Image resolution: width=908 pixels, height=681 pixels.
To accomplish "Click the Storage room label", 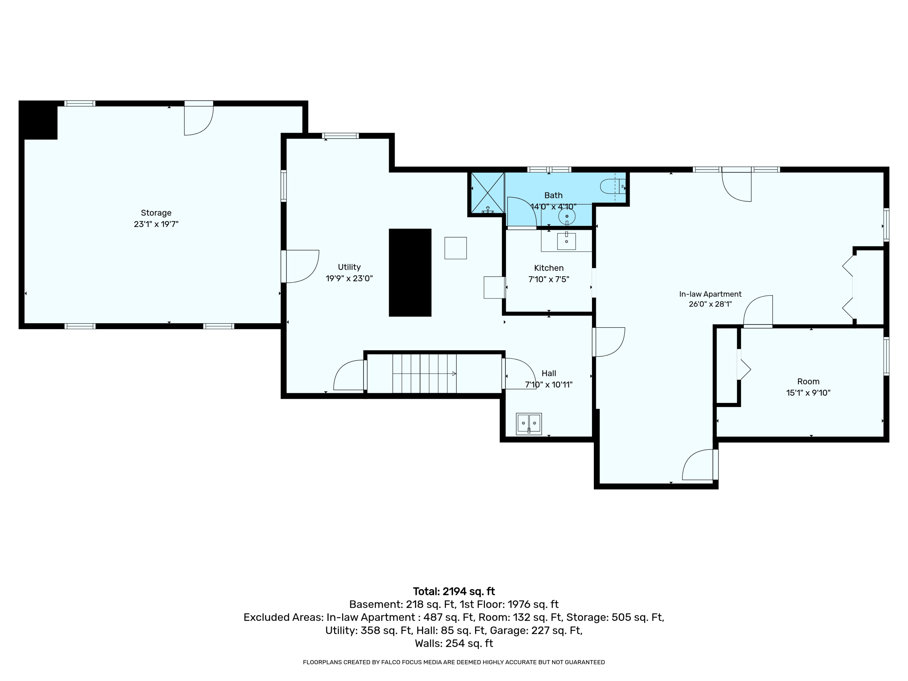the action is pyautogui.click(x=156, y=213).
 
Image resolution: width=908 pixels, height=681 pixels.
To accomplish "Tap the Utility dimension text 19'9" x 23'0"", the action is pyautogui.click(x=349, y=278).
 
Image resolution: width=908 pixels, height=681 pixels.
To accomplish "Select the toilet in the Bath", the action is pyautogui.click(x=613, y=187).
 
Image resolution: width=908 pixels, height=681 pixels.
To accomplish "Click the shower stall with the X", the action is pyautogui.click(x=487, y=193).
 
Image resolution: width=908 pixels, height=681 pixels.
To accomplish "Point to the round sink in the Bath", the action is pyautogui.click(x=567, y=216).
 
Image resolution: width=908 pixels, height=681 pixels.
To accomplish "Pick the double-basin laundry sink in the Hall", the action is pyautogui.click(x=529, y=424).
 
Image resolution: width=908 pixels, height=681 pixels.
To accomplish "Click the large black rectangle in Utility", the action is pyautogui.click(x=410, y=273).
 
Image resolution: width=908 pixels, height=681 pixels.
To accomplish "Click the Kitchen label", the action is pyautogui.click(x=549, y=268).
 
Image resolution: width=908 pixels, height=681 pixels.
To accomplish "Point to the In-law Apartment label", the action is pyautogui.click(x=710, y=294).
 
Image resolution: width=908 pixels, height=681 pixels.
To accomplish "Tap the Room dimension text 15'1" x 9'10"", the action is pyautogui.click(x=808, y=393).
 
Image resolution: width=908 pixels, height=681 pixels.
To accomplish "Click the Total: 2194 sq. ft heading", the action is pyautogui.click(x=454, y=591).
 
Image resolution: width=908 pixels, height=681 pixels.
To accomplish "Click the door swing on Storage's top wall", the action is pyautogui.click(x=199, y=120).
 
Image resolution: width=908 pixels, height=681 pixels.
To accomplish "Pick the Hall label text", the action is pyautogui.click(x=549, y=373).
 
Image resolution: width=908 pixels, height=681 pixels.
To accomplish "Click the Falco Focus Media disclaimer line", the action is pyautogui.click(x=454, y=662).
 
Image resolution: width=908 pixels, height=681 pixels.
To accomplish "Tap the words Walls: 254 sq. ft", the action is pyautogui.click(x=454, y=643).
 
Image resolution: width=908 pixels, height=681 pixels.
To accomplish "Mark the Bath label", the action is pyautogui.click(x=553, y=196).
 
